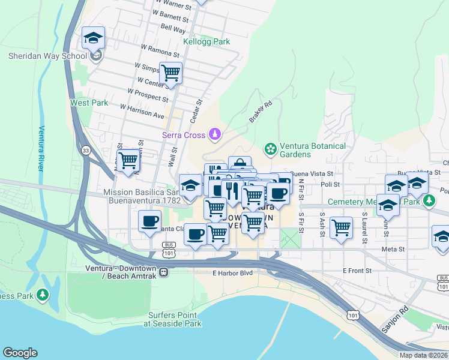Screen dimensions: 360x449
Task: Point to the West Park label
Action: [x=89, y=103]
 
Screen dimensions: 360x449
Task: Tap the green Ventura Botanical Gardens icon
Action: [x=270, y=148]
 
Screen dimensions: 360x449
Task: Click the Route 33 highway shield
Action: [x=86, y=151]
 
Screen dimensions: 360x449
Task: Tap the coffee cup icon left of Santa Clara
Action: [x=150, y=221]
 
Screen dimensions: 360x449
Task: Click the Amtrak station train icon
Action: [x=163, y=272]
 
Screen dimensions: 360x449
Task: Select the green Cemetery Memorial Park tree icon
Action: [x=428, y=200]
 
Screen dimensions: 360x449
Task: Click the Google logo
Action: [x=20, y=353]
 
